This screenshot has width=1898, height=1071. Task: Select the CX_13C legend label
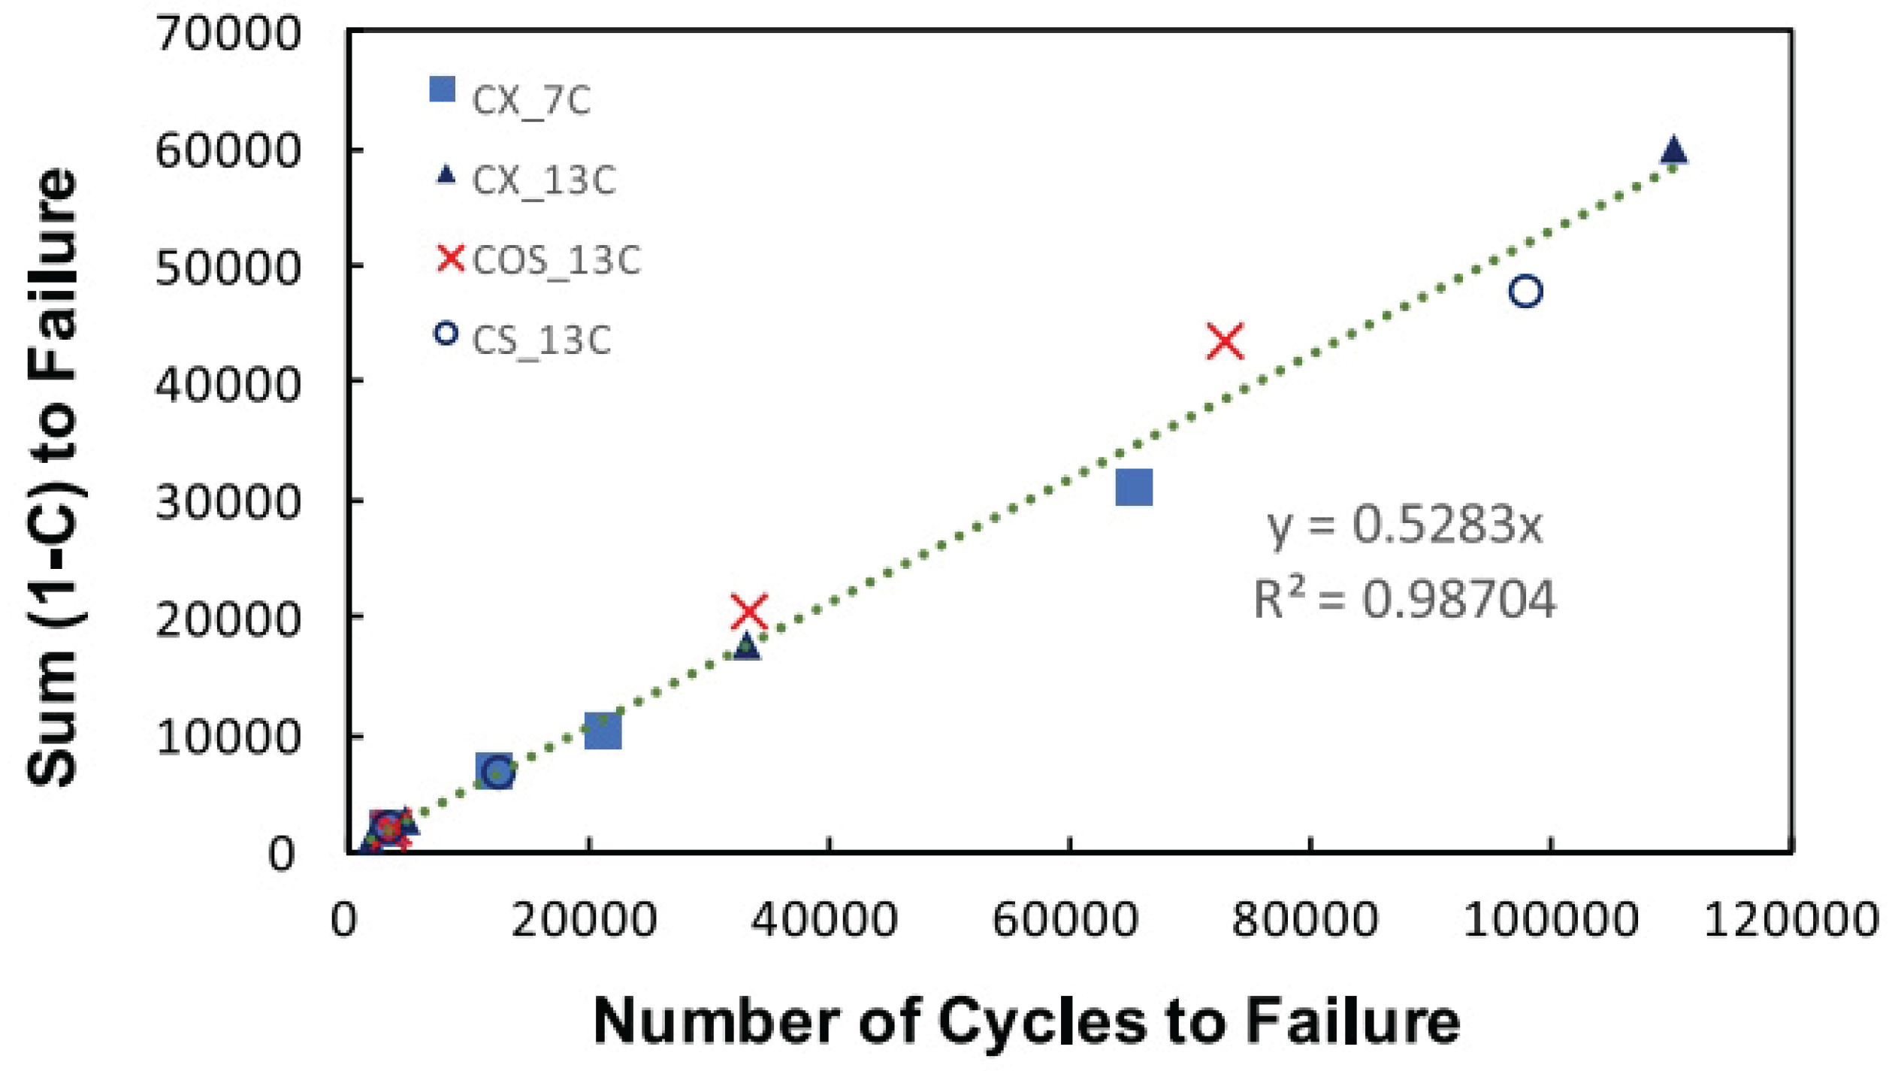click(x=544, y=180)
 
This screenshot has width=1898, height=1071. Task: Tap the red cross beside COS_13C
click(x=451, y=258)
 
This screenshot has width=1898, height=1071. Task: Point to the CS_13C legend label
click(x=541, y=340)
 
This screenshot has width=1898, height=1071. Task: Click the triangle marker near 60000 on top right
click(x=1673, y=150)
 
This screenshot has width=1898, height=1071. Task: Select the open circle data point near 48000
click(x=1525, y=291)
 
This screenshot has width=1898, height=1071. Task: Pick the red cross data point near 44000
click(x=1225, y=341)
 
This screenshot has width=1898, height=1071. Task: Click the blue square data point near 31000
click(x=1134, y=487)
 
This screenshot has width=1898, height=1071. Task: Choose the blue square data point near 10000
click(x=603, y=731)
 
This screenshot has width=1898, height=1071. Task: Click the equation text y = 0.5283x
click(x=1404, y=525)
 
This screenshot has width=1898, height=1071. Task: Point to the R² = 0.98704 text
click(x=1404, y=600)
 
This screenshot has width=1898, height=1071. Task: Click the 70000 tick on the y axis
click(x=228, y=34)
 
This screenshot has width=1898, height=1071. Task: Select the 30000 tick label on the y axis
click(x=228, y=502)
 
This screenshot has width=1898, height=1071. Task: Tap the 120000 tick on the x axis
click(x=1791, y=919)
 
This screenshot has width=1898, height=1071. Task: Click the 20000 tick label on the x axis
click(x=584, y=919)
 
